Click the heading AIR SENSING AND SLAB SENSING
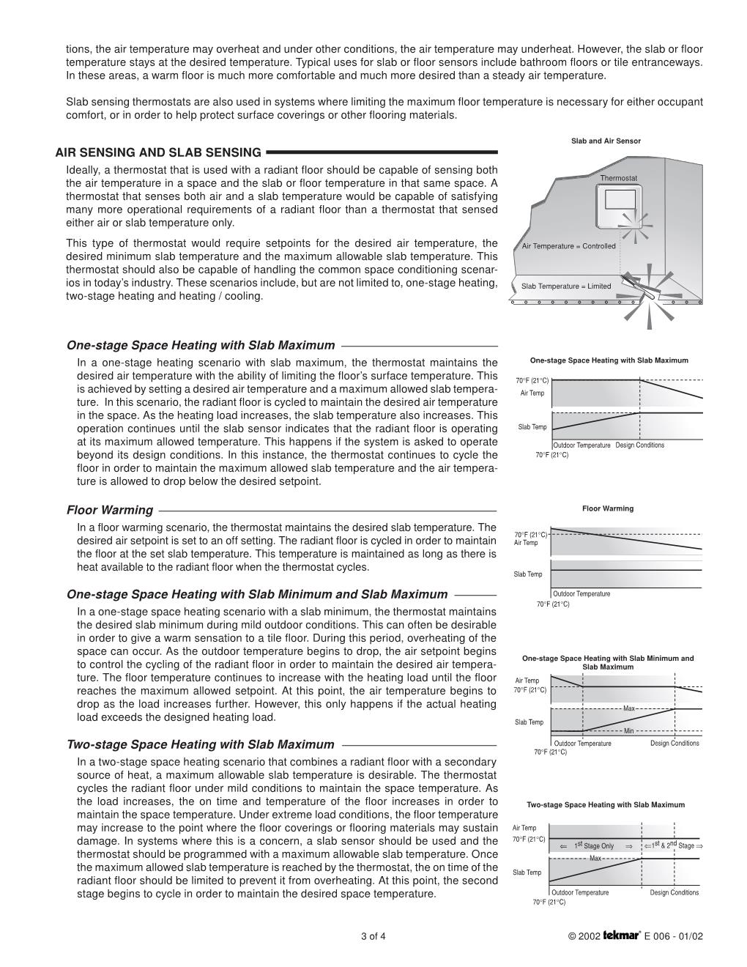tap(158, 152)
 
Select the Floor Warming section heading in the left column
tap(110, 511)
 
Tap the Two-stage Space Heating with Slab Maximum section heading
tap(200, 745)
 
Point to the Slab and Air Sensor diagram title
tap(606, 141)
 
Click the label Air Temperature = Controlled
tap(568, 246)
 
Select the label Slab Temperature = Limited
tap(565, 286)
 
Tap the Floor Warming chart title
tap(608, 508)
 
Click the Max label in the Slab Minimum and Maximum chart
tap(628, 708)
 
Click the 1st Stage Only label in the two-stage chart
tap(595, 846)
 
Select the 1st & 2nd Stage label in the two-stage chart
tap(672, 845)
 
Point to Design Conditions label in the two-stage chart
tap(674, 892)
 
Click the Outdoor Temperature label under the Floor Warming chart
tap(581, 594)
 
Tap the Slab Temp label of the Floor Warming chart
tap(528, 574)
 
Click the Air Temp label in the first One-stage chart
tap(532, 393)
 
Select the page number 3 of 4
tap(373, 936)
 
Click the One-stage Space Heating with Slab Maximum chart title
tap(609, 360)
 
